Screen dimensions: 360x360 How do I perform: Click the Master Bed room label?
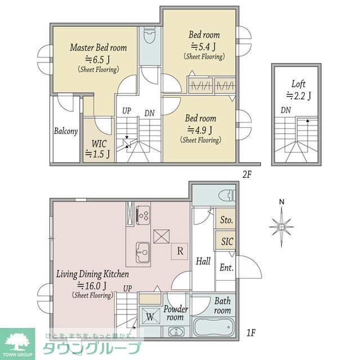pyautogui.click(x=98, y=47)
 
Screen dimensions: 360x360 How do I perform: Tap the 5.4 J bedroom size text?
pyautogui.click(x=204, y=47)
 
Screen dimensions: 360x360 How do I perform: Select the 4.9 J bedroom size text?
pyautogui.click(x=200, y=130)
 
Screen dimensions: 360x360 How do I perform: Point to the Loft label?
pyautogui.click(x=299, y=84)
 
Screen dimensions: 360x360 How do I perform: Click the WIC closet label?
pyautogui.click(x=99, y=144)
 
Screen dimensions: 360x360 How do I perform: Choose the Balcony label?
pyautogui.click(x=66, y=131)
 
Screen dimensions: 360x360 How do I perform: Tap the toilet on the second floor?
pyautogui.click(x=150, y=35)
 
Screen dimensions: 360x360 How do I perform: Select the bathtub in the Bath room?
pyautogui.click(x=214, y=327)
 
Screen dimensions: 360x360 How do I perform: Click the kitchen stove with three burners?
pyautogui.click(x=143, y=215)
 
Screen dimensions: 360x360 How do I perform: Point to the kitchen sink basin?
pyautogui.click(x=143, y=253)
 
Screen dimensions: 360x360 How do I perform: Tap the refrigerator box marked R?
pyautogui.click(x=179, y=251)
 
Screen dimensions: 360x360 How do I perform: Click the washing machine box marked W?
pyautogui.click(x=150, y=316)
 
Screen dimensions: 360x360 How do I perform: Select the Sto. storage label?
pyautogui.click(x=226, y=220)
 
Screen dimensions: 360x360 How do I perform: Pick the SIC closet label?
pyautogui.click(x=227, y=241)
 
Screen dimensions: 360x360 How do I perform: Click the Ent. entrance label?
pyautogui.click(x=226, y=268)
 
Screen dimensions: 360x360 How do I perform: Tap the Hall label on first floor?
pyautogui.click(x=203, y=261)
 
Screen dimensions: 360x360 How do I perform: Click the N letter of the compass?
pyautogui.click(x=282, y=202)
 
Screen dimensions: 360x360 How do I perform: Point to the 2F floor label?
pyautogui.click(x=247, y=175)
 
